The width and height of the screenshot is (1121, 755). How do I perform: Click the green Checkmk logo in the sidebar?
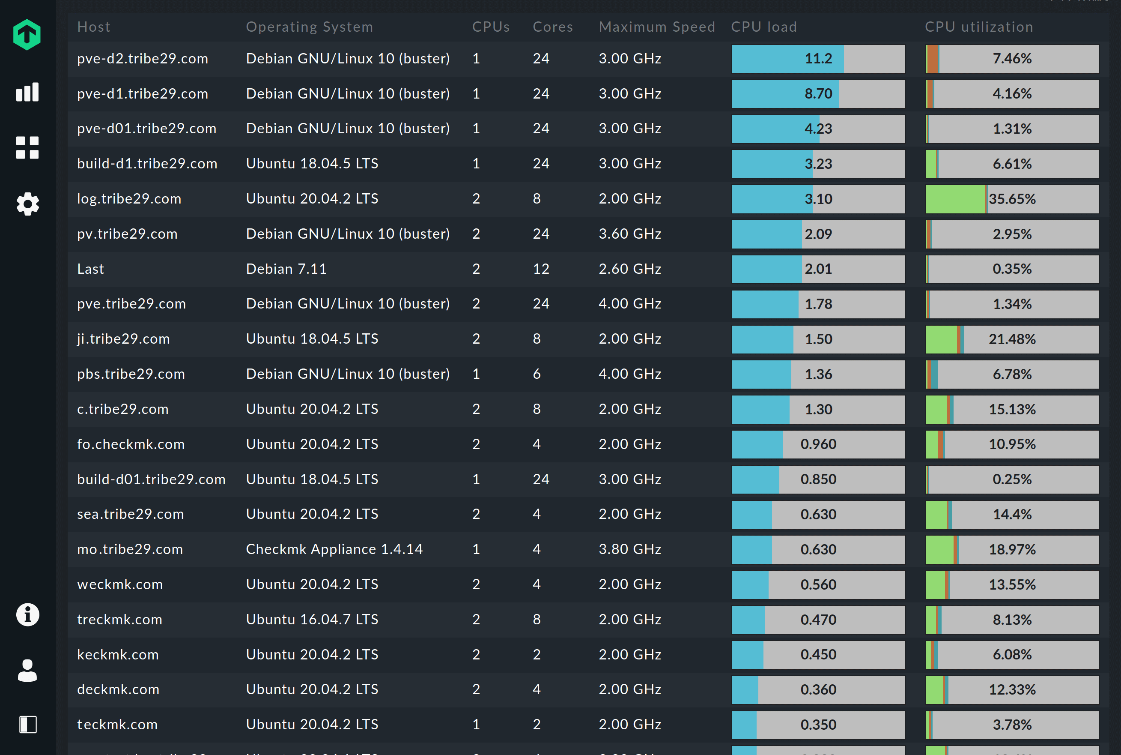click(27, 35)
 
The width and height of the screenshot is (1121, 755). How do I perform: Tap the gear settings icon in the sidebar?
click(27, 204)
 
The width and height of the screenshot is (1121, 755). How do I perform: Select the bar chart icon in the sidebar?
click(27, 92)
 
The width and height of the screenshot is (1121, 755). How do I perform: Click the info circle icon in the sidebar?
click(27, 614)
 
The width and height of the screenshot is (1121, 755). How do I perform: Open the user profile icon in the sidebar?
click(27, 670)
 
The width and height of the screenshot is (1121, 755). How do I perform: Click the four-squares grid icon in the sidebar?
click(27, 148)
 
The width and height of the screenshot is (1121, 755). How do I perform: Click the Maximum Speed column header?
click(657, 27)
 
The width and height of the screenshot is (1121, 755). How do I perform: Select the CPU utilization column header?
click(978, 27)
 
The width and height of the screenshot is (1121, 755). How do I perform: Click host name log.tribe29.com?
click(129, 198)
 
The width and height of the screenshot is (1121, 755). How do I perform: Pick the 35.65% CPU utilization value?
click(1012, 199)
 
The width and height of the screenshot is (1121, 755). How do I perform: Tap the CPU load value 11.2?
click(818, 59)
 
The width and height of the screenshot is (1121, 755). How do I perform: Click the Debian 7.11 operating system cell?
click(286, 269)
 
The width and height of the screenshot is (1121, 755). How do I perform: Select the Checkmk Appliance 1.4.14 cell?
click(334, 549)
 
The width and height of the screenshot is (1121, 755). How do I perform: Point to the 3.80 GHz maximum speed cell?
click(629, 549)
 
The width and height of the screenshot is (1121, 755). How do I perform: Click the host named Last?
click(90, 269)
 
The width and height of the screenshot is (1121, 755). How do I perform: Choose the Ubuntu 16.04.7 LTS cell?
click(312, 619)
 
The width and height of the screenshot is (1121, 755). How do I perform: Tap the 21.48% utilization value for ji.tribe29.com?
click(1012, 339)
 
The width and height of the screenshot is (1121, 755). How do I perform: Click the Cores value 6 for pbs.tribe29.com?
click(537, 374)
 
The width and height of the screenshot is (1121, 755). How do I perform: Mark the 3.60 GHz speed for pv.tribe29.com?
click(629, 234)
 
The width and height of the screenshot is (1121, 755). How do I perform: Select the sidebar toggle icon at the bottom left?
click(27, 724)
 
